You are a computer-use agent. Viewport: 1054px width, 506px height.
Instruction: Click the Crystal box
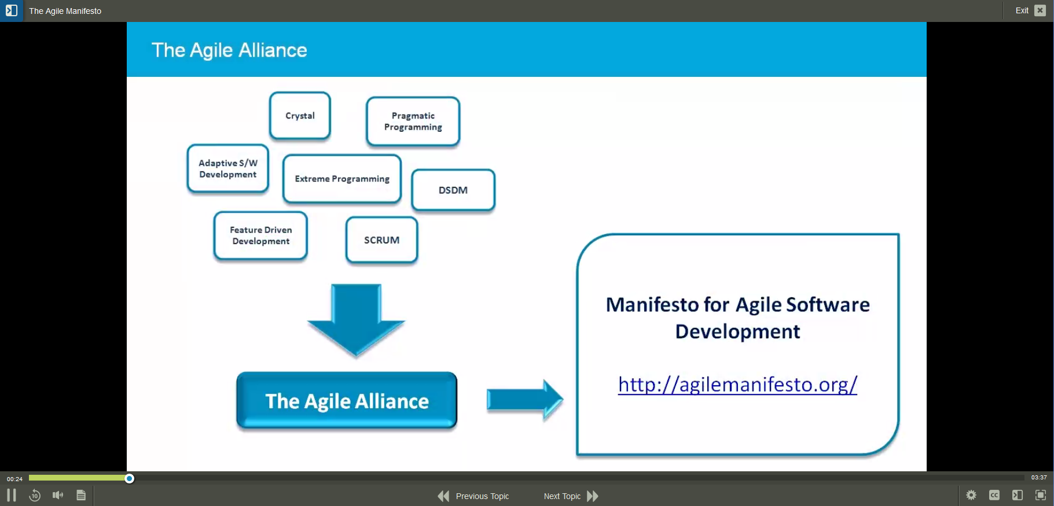(x=300, y=116)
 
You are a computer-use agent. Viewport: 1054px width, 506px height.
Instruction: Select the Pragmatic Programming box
(x=413, y=121)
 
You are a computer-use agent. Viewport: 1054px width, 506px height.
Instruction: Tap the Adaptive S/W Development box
(x=227, y=169)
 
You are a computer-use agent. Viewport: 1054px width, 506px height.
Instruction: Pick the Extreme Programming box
(x=341, y=179)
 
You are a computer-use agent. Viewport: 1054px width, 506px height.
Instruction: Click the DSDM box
(x=453, y=190)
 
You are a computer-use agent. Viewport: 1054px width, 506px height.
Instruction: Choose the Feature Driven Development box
(x=260, y=235)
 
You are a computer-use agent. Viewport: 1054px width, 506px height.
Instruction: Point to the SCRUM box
(x=381, y=240)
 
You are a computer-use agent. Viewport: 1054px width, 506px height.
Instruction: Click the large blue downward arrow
(x=356, y=318)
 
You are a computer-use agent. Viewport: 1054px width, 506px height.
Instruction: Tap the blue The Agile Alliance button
(x=347, y=401)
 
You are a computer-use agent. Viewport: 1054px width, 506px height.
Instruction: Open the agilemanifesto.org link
(x=737, y=385)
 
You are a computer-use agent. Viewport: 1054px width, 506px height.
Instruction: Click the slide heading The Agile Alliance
(x=229, y=50)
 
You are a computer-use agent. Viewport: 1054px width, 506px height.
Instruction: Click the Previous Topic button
(x=474, y=496)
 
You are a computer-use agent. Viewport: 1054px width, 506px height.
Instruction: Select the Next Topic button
(x=571, y=496)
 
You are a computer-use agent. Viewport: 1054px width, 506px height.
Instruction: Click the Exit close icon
(x=1040, y=10)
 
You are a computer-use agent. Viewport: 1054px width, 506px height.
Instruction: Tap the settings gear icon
(x=971, y=495)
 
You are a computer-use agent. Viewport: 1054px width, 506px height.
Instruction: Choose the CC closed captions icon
(x=994, y=495)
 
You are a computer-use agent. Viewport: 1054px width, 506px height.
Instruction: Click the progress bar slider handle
(x=130, y=478)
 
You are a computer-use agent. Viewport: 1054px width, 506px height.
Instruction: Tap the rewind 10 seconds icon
(x=35, y=495)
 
